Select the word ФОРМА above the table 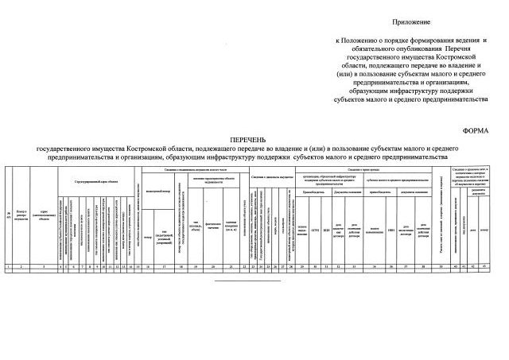tap(476, 129)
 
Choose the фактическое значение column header tap(212, 223)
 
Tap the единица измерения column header tap(232, 223)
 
